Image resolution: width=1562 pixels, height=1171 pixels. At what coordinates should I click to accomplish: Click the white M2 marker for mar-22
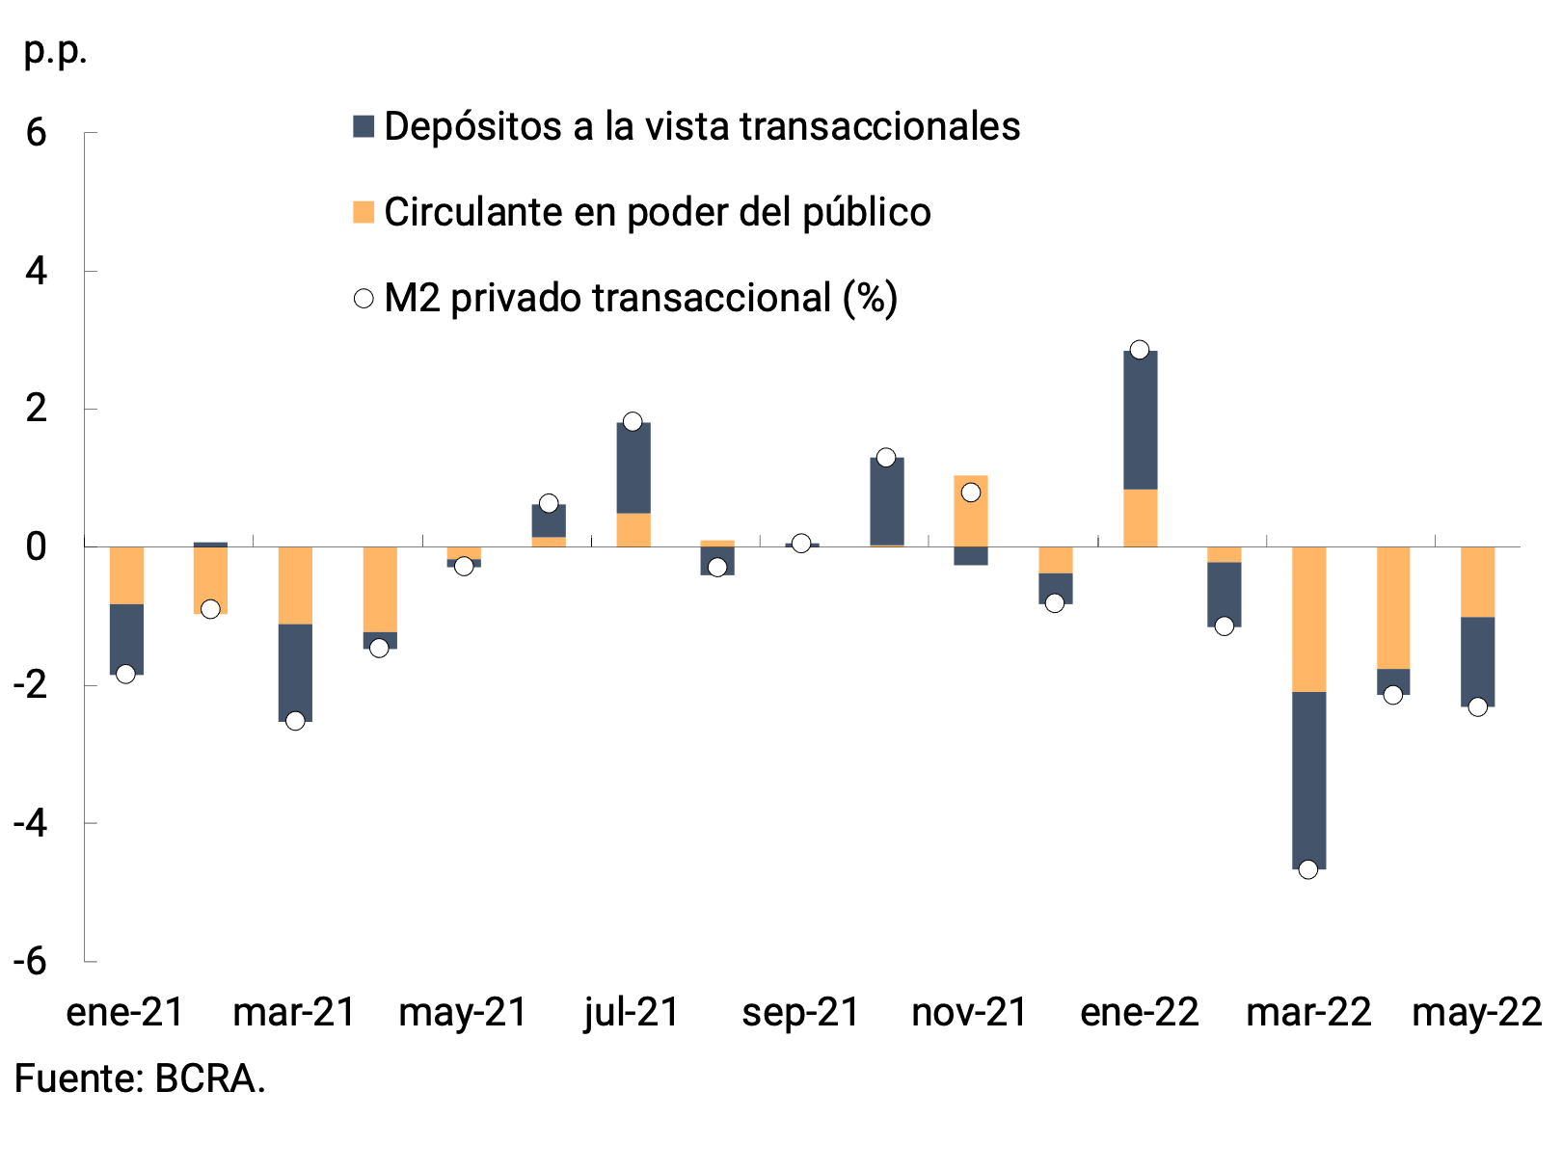click(1308, 869)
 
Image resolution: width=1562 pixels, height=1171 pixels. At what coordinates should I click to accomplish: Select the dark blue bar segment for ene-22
click(1140, 420)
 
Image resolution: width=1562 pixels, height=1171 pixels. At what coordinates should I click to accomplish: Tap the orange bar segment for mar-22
click(1308, 619)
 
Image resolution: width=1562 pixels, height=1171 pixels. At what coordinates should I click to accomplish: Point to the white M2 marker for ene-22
click(1140, 350)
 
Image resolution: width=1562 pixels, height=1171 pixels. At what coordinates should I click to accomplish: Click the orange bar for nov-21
click(970, 511)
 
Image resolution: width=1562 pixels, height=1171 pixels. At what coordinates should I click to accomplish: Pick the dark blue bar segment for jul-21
click(633, 468)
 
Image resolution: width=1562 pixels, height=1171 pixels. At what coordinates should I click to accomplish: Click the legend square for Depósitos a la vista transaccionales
click(364, 126)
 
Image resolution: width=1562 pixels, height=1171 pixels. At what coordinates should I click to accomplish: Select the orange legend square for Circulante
click(364, 212)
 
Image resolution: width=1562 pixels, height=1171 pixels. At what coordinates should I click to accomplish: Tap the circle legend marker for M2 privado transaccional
click(364, 299)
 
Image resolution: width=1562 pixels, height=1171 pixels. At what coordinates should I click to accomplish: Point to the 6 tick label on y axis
click(36, 133)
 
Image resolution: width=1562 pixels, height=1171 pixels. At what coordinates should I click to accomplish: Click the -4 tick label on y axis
click(30, 823)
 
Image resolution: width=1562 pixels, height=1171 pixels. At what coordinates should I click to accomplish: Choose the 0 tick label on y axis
click(36, 547)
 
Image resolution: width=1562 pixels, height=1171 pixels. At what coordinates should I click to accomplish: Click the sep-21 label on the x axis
click(800, 1012)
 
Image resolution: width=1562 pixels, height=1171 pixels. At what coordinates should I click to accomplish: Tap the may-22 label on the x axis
click(1476, 1012)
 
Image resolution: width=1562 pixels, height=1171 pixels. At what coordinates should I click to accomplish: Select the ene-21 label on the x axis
click(125, 1012)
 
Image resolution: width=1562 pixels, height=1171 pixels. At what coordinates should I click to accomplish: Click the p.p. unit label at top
click(55, 50)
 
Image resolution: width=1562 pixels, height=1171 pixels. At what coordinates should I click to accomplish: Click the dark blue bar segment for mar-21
click(295, 673)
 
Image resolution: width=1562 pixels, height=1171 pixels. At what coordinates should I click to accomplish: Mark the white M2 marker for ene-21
click(125, 674)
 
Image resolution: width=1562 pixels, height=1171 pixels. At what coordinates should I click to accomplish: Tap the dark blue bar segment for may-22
click(1477, 661)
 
